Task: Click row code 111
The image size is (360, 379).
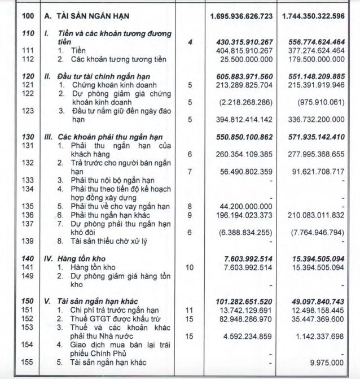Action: tap(28, 50)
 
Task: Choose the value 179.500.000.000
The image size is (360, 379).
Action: tap(320, 59)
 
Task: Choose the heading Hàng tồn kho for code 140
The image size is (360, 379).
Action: tap(80, 258)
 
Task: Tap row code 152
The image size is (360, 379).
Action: tap(28, 318)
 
